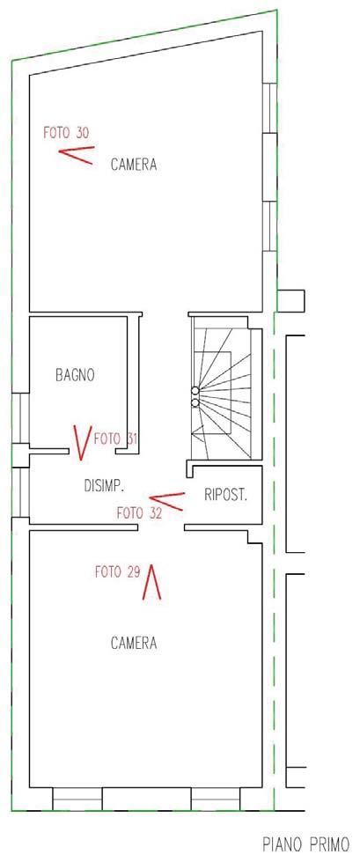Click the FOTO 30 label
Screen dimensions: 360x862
67,132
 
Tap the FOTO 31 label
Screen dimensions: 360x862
115,438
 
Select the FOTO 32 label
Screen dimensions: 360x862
140,513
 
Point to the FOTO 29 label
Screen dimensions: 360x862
118,572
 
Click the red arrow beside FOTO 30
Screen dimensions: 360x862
77,156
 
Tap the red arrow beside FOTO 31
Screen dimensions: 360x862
82,443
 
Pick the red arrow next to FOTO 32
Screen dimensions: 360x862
166,501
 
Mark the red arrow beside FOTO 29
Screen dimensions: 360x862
151,582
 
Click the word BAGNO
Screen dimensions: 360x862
75,375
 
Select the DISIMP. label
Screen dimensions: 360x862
105,485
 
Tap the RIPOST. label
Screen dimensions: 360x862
226,495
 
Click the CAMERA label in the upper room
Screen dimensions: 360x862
134,164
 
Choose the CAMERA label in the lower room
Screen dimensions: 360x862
134,643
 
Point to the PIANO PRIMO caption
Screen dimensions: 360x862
305,844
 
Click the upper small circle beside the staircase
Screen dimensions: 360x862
195,391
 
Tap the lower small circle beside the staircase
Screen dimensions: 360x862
195,402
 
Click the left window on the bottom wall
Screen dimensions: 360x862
77,799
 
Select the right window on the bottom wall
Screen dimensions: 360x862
216,799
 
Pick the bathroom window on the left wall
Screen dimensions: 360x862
20,418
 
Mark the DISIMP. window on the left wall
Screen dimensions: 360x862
20,492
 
